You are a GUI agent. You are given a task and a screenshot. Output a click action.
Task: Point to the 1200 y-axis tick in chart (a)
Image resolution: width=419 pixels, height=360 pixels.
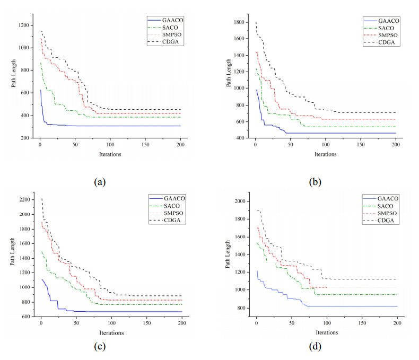click(x=22, y=25)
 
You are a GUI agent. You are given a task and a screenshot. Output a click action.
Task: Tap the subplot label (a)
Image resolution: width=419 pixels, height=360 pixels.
click(x=99, y=182)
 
